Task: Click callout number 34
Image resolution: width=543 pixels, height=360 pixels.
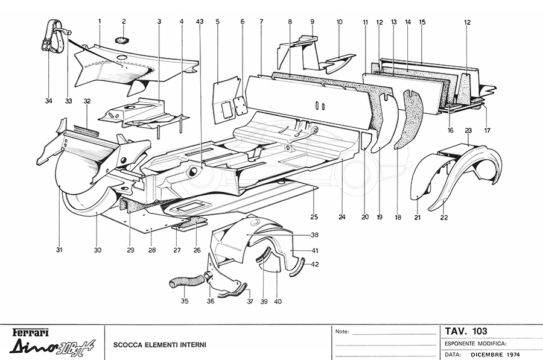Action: point(49,101)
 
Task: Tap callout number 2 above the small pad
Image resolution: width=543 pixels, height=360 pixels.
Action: point(124,22)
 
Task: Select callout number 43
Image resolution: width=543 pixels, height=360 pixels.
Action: point(200,22)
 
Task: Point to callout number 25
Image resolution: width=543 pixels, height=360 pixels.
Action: point(314,216)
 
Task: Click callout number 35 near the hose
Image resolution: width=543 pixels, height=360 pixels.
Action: point(185,302)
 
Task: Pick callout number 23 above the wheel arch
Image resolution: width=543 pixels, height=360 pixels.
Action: point(468,130)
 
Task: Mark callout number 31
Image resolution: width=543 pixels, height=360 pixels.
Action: point(60,250)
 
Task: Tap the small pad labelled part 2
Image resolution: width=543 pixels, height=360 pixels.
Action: point(122,40)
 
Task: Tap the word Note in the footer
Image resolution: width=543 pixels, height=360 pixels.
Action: point(341,331)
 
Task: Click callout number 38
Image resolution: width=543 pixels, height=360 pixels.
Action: point(314,235)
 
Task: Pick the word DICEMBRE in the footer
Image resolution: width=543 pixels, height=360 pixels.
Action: point(486,354)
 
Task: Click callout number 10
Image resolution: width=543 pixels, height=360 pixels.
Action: point(339,22)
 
